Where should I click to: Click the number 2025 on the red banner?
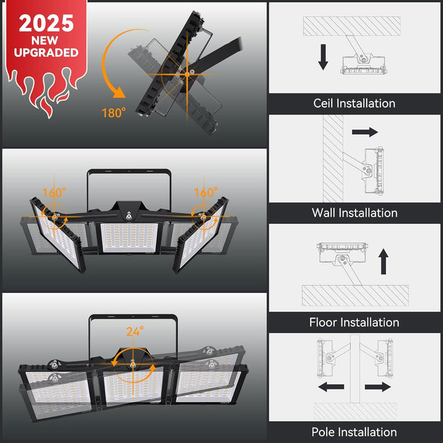click(47, 23)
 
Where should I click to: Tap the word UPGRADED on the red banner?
click(46, 52)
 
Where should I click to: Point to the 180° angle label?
click(114, 113)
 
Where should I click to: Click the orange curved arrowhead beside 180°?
click(119, 92)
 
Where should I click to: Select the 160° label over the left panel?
click(54, 193)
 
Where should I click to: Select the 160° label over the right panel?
click(206, 193)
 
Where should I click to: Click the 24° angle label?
click(135, 332)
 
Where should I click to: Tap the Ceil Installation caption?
click(354, 103)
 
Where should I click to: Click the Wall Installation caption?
click(354, 213)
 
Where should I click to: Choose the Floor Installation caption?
click(354, 322)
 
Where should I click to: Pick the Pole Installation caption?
click(354, 432)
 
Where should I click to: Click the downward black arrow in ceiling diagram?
click(323, 57)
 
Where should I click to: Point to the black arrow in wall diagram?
click(365, 132)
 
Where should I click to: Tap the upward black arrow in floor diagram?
click(383, 261)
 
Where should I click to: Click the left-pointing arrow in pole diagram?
click(331, 387)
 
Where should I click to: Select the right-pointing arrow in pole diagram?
click(378, 387)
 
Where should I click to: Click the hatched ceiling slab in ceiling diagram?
click(352, 26)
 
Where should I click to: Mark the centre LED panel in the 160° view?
click(129, 237)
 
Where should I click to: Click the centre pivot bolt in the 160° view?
click(129, 216)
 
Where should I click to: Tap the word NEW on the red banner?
click(45, 41)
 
